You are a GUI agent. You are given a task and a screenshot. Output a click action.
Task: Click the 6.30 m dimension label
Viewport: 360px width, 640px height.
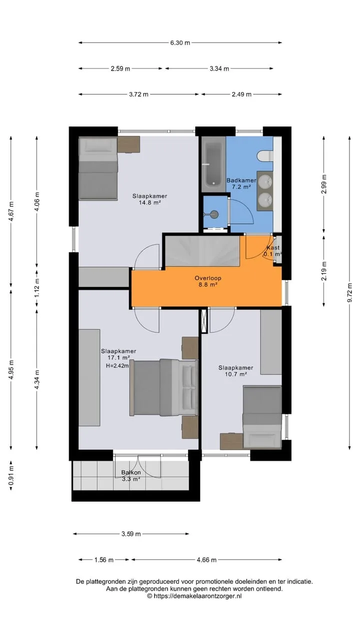pos(180,43)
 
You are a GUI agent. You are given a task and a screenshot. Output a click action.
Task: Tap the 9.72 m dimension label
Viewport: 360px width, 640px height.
pos(349,292)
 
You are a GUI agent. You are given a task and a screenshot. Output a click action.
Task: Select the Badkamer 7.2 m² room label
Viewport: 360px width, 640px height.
pos(241,183)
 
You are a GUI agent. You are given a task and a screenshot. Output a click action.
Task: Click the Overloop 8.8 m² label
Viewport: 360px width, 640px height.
pos(208,281)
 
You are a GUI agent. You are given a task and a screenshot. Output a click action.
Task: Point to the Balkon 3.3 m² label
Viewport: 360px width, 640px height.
pos(131,475)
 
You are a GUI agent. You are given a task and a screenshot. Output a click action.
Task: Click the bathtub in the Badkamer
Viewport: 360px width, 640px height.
pos(213,164)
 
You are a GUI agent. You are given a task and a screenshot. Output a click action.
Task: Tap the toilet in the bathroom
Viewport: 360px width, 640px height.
pos(265,156)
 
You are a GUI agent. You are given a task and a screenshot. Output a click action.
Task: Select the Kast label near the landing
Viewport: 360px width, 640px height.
pos(273,247)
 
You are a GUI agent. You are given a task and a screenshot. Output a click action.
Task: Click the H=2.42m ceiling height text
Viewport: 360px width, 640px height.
pos(117,365)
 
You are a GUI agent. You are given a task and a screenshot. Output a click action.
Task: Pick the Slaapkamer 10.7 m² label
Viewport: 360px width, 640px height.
pos(235,371)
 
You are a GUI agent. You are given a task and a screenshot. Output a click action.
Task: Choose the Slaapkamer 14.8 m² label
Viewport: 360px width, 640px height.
pos(149,199)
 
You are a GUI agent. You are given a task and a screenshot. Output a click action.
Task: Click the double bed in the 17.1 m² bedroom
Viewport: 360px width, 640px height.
pos(163,387)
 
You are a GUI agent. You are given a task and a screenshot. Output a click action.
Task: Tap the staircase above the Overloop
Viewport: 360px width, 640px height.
pos(202,251)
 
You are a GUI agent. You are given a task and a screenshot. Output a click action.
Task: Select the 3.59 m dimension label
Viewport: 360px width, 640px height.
pos(131,533)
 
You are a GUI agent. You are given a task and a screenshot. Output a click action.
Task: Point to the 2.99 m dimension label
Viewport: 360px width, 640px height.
pos(323,184)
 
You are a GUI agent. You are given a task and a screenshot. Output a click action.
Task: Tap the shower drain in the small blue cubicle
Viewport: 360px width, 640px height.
pos(213,213)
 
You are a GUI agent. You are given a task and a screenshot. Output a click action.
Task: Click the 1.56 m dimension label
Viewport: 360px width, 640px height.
pos(104,559)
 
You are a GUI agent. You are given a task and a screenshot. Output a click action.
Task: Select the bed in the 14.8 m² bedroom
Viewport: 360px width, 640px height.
pos(98,168)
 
